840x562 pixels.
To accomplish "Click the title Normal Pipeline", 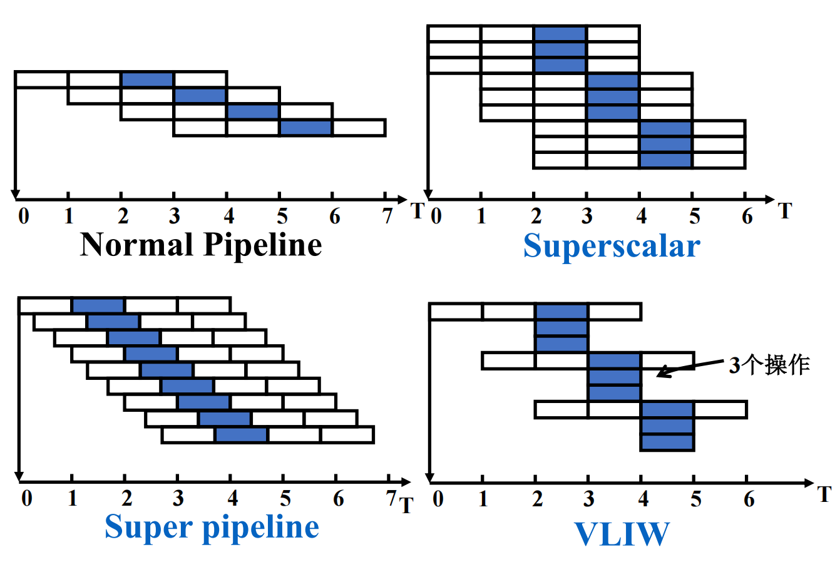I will [201, 245].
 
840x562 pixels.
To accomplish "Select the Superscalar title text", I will [612, 246].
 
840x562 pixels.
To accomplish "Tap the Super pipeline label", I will [212, 527].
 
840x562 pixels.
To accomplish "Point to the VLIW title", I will [622, 534].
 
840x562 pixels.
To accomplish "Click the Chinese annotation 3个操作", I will [769, 365].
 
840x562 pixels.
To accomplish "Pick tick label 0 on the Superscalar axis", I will [436, 217].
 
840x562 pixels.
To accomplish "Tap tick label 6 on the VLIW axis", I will [749, 499].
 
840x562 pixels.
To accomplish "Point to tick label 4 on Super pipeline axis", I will [233, 499].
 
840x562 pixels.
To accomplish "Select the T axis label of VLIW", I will [825, 494].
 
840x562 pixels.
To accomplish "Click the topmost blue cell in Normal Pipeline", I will [148, 79].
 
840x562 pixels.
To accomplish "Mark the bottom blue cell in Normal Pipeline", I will [305, 128].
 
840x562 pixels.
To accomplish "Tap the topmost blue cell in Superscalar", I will [560, 34].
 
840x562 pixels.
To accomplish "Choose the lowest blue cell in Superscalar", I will [665, 160].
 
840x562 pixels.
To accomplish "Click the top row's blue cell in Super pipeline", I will [98, 305].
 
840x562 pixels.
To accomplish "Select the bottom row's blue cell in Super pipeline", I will [242, 435].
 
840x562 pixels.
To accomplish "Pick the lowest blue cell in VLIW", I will [667, 442].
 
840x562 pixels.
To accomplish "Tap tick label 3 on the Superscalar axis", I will [586, 217].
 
